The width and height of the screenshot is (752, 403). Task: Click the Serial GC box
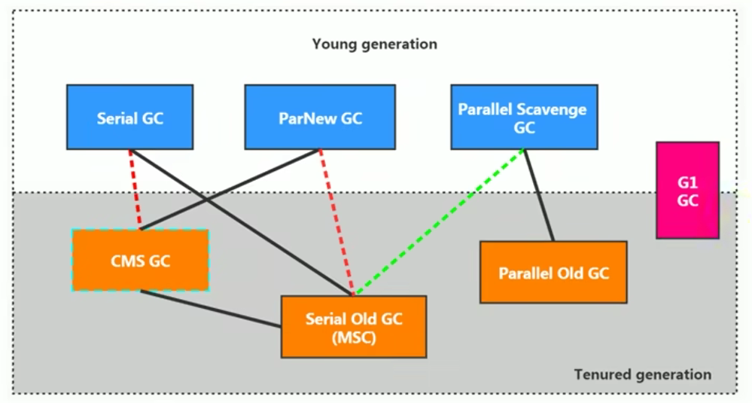pos(130,117)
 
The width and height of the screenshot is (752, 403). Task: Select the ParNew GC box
pos(320,117)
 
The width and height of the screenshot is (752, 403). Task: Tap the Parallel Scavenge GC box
pos(524,117)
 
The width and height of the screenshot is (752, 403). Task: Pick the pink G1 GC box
pos(688,190)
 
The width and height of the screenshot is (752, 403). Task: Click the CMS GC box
pos(141,260)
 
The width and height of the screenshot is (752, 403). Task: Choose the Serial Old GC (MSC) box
pos(354,327)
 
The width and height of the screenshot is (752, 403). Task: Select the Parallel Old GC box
pos(553,272)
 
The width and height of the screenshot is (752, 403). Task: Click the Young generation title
pos(375,44)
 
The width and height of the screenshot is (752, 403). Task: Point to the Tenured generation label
pos(643,374)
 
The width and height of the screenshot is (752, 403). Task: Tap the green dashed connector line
pos(440,223)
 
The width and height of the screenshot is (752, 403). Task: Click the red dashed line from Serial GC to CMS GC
pos(135,190)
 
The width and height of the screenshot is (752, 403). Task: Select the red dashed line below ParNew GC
pos(336,223)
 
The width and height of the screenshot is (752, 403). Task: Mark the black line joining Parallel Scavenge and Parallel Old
pos(539,195)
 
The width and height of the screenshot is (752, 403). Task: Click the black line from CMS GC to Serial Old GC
pos(211,309)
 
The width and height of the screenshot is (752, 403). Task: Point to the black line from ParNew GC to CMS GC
pos(230,190)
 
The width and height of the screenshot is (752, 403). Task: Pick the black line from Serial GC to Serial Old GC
pos(241,223)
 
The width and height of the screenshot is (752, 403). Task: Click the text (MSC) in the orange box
pos(354,337)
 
